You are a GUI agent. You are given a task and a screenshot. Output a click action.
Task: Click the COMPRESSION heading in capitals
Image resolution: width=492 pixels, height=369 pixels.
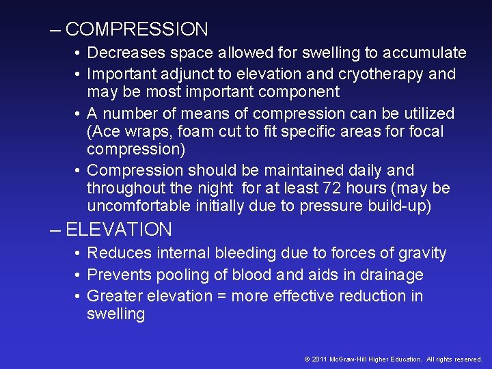pos(137,29)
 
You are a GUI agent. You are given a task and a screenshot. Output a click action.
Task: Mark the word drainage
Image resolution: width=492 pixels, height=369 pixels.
pos(392,275)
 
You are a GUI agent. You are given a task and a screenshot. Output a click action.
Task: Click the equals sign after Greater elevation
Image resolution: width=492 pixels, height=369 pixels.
pos(222,297)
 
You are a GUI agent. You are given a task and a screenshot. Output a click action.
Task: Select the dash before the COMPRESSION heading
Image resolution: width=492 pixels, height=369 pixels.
pos(55,30)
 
